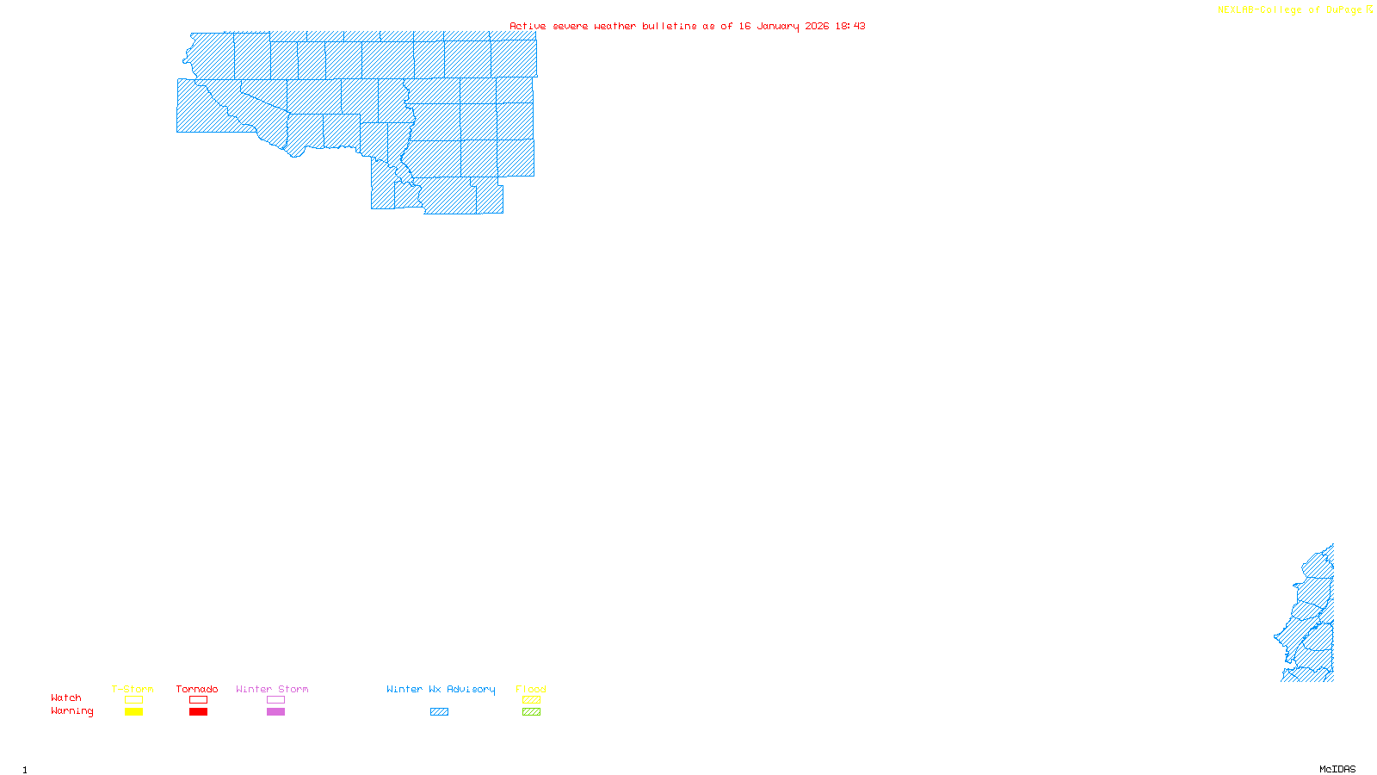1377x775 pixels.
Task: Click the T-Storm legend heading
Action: coord(133,689)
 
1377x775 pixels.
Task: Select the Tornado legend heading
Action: coord(197,689)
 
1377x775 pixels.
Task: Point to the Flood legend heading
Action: coord(531,689)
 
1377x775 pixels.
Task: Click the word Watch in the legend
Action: coord(66,697)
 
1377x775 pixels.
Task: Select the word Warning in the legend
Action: coord(72,711)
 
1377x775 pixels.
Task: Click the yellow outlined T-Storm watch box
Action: coord(133,700)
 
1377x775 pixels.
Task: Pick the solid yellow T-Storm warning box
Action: coord(133,712)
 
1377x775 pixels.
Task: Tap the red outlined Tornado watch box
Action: coord(198,700)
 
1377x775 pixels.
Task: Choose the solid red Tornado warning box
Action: coord(198,712)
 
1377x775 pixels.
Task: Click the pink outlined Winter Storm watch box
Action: coord(275,700)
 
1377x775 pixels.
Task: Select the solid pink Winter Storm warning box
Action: coord(275,712)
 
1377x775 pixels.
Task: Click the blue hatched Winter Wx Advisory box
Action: coord(439,712)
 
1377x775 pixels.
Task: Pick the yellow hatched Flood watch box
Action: coord(531,700)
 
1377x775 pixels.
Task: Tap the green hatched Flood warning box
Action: coord(531,712)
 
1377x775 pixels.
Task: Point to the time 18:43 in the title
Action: coord(850,26)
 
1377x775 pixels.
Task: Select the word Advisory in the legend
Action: coord(471,689)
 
